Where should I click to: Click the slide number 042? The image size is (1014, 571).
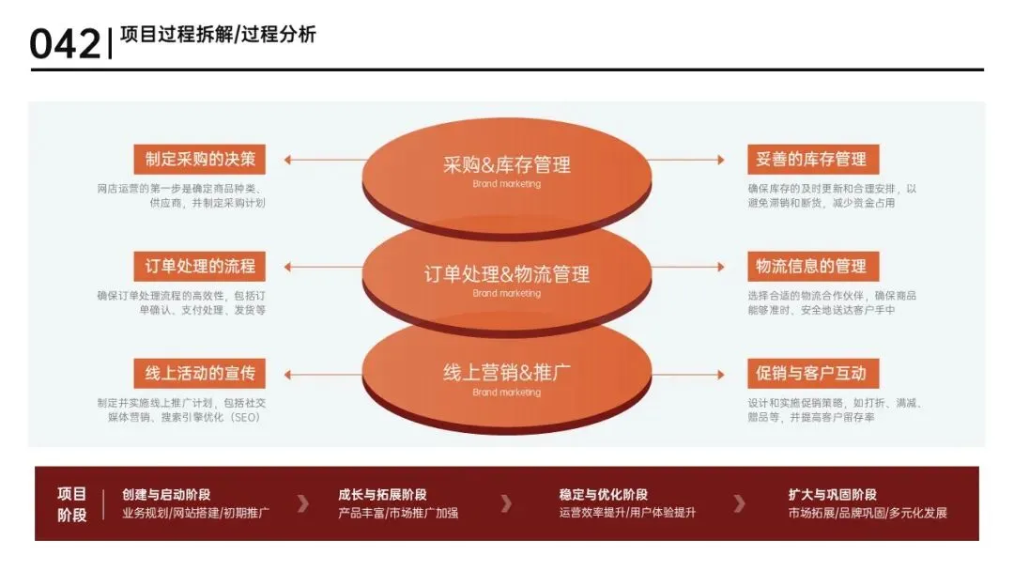coord(64,43)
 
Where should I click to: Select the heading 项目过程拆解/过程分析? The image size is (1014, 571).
coord(219,35)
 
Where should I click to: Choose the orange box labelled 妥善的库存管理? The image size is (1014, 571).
coord(811,159)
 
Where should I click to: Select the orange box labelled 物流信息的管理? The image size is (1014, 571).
coord(811,266)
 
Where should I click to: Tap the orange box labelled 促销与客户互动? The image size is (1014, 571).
coord(811,373)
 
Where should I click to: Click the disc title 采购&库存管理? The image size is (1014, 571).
coord(507,165)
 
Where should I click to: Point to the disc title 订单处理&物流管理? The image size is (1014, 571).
coord(507,274)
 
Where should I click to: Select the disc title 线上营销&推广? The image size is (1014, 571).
coord(507,373)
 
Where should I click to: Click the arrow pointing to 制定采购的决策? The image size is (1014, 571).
coord(319,160)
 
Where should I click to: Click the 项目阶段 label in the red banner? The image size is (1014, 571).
coord(72,503)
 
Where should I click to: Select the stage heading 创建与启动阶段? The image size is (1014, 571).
coord(166,494)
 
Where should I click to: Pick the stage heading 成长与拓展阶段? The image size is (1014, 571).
coord(382,494)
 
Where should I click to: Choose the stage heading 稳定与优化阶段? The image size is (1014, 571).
coord(603,494)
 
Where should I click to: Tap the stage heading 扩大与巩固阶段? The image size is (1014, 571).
coord(833,494)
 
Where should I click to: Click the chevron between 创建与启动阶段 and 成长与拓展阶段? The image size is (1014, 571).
coord(302,503)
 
